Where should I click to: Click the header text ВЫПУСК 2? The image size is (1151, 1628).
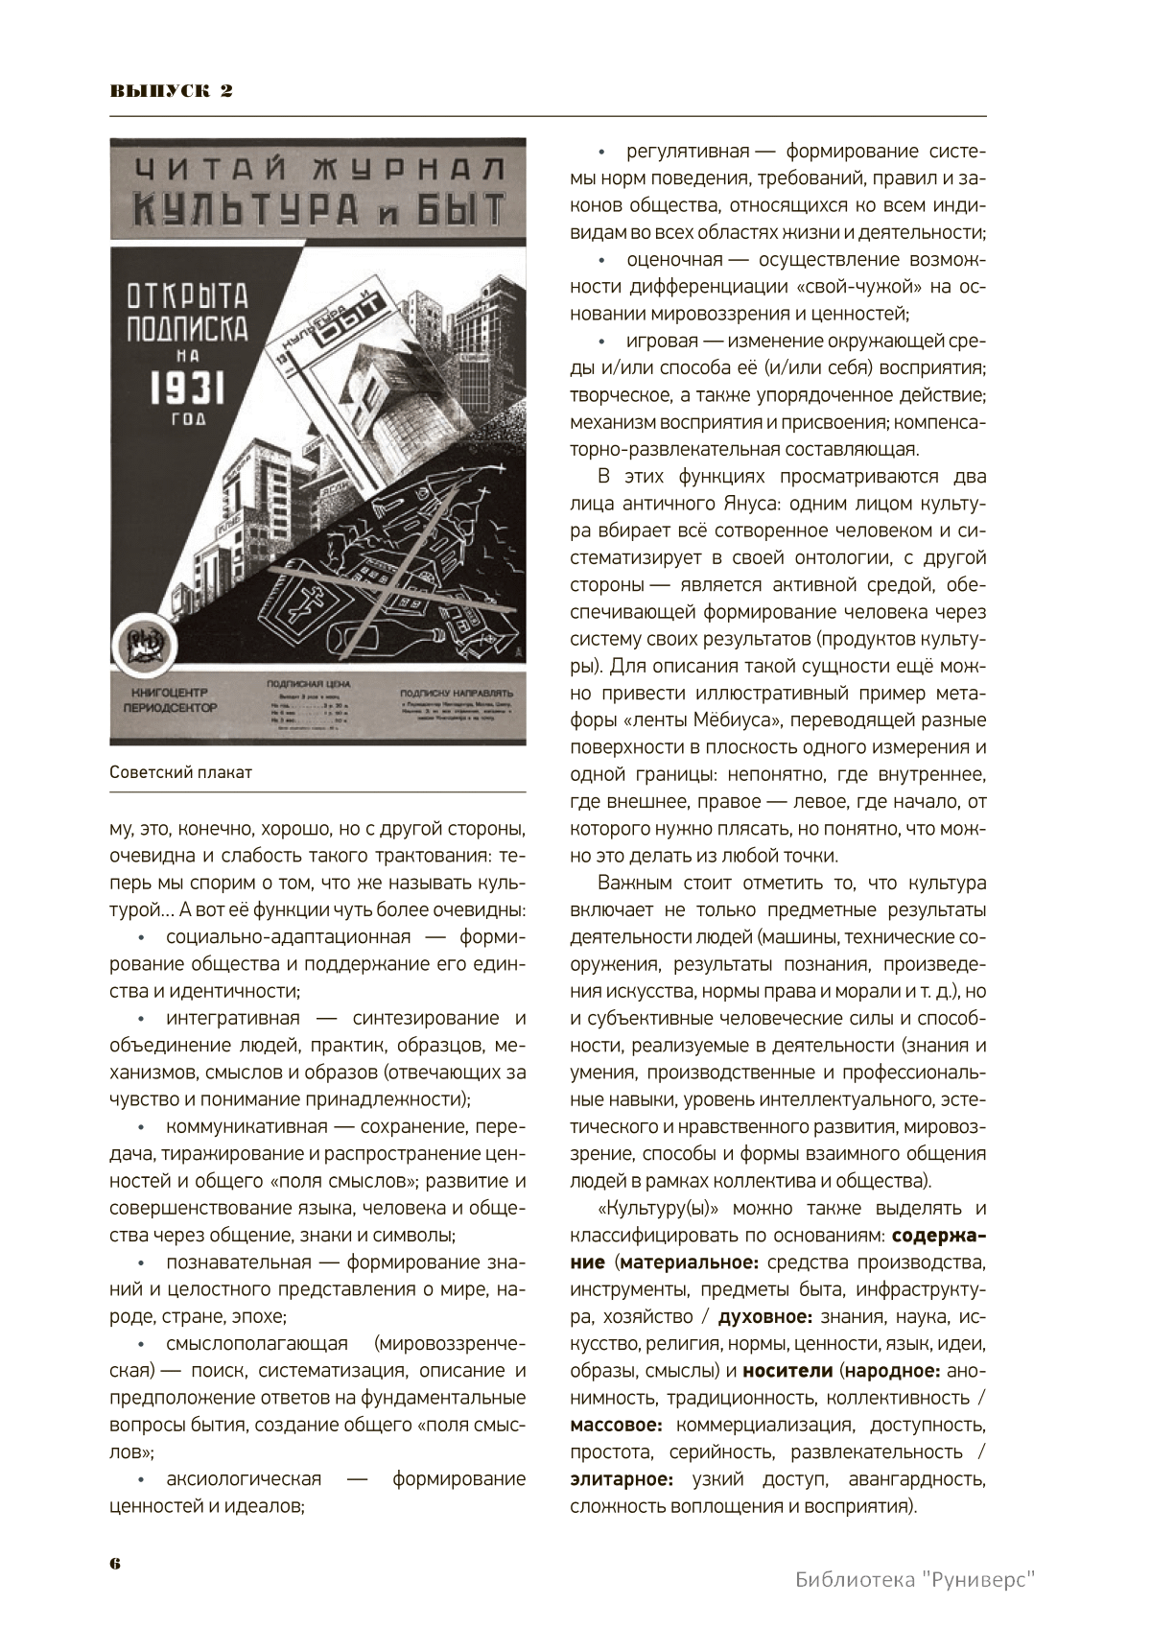pyautogui.click(x=172, y=91)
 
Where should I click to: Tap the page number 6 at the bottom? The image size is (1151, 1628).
pyautogui.click(x=115, y=1563)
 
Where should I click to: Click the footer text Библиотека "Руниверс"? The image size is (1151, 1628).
pyautogui.click(x=917, y=1579)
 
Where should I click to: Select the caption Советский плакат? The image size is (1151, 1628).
pyautogui.click(x=180, y=772)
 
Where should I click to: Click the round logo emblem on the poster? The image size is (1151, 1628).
pyautogui.click(x=146, y=646)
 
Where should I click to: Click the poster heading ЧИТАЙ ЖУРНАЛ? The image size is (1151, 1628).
pyautogui.click(x=318, y=169)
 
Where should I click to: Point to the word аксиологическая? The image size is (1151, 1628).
pyautogui.click(x=244, y=1479)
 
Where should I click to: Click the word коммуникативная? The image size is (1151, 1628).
pyautogui.click(x=247, y=1127)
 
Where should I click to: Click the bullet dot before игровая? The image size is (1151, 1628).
pyautogui.click(x=602, y=342)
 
